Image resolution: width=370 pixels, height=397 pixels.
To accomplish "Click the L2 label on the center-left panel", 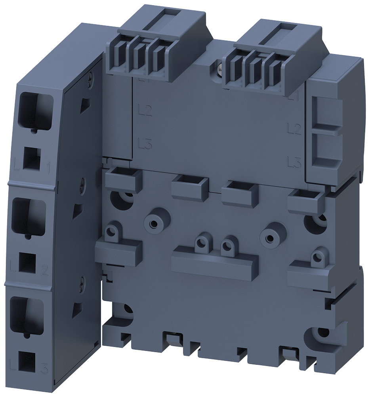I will [x=145, y=110].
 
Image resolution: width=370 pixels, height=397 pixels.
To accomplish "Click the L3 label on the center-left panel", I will [x=145, y=143].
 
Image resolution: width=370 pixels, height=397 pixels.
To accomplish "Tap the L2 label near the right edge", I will [x=294, y=128].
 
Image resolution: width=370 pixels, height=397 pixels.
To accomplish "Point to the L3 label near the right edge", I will [x=294, y=161].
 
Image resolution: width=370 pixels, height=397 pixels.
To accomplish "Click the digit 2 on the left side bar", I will [x=45, y=271].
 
